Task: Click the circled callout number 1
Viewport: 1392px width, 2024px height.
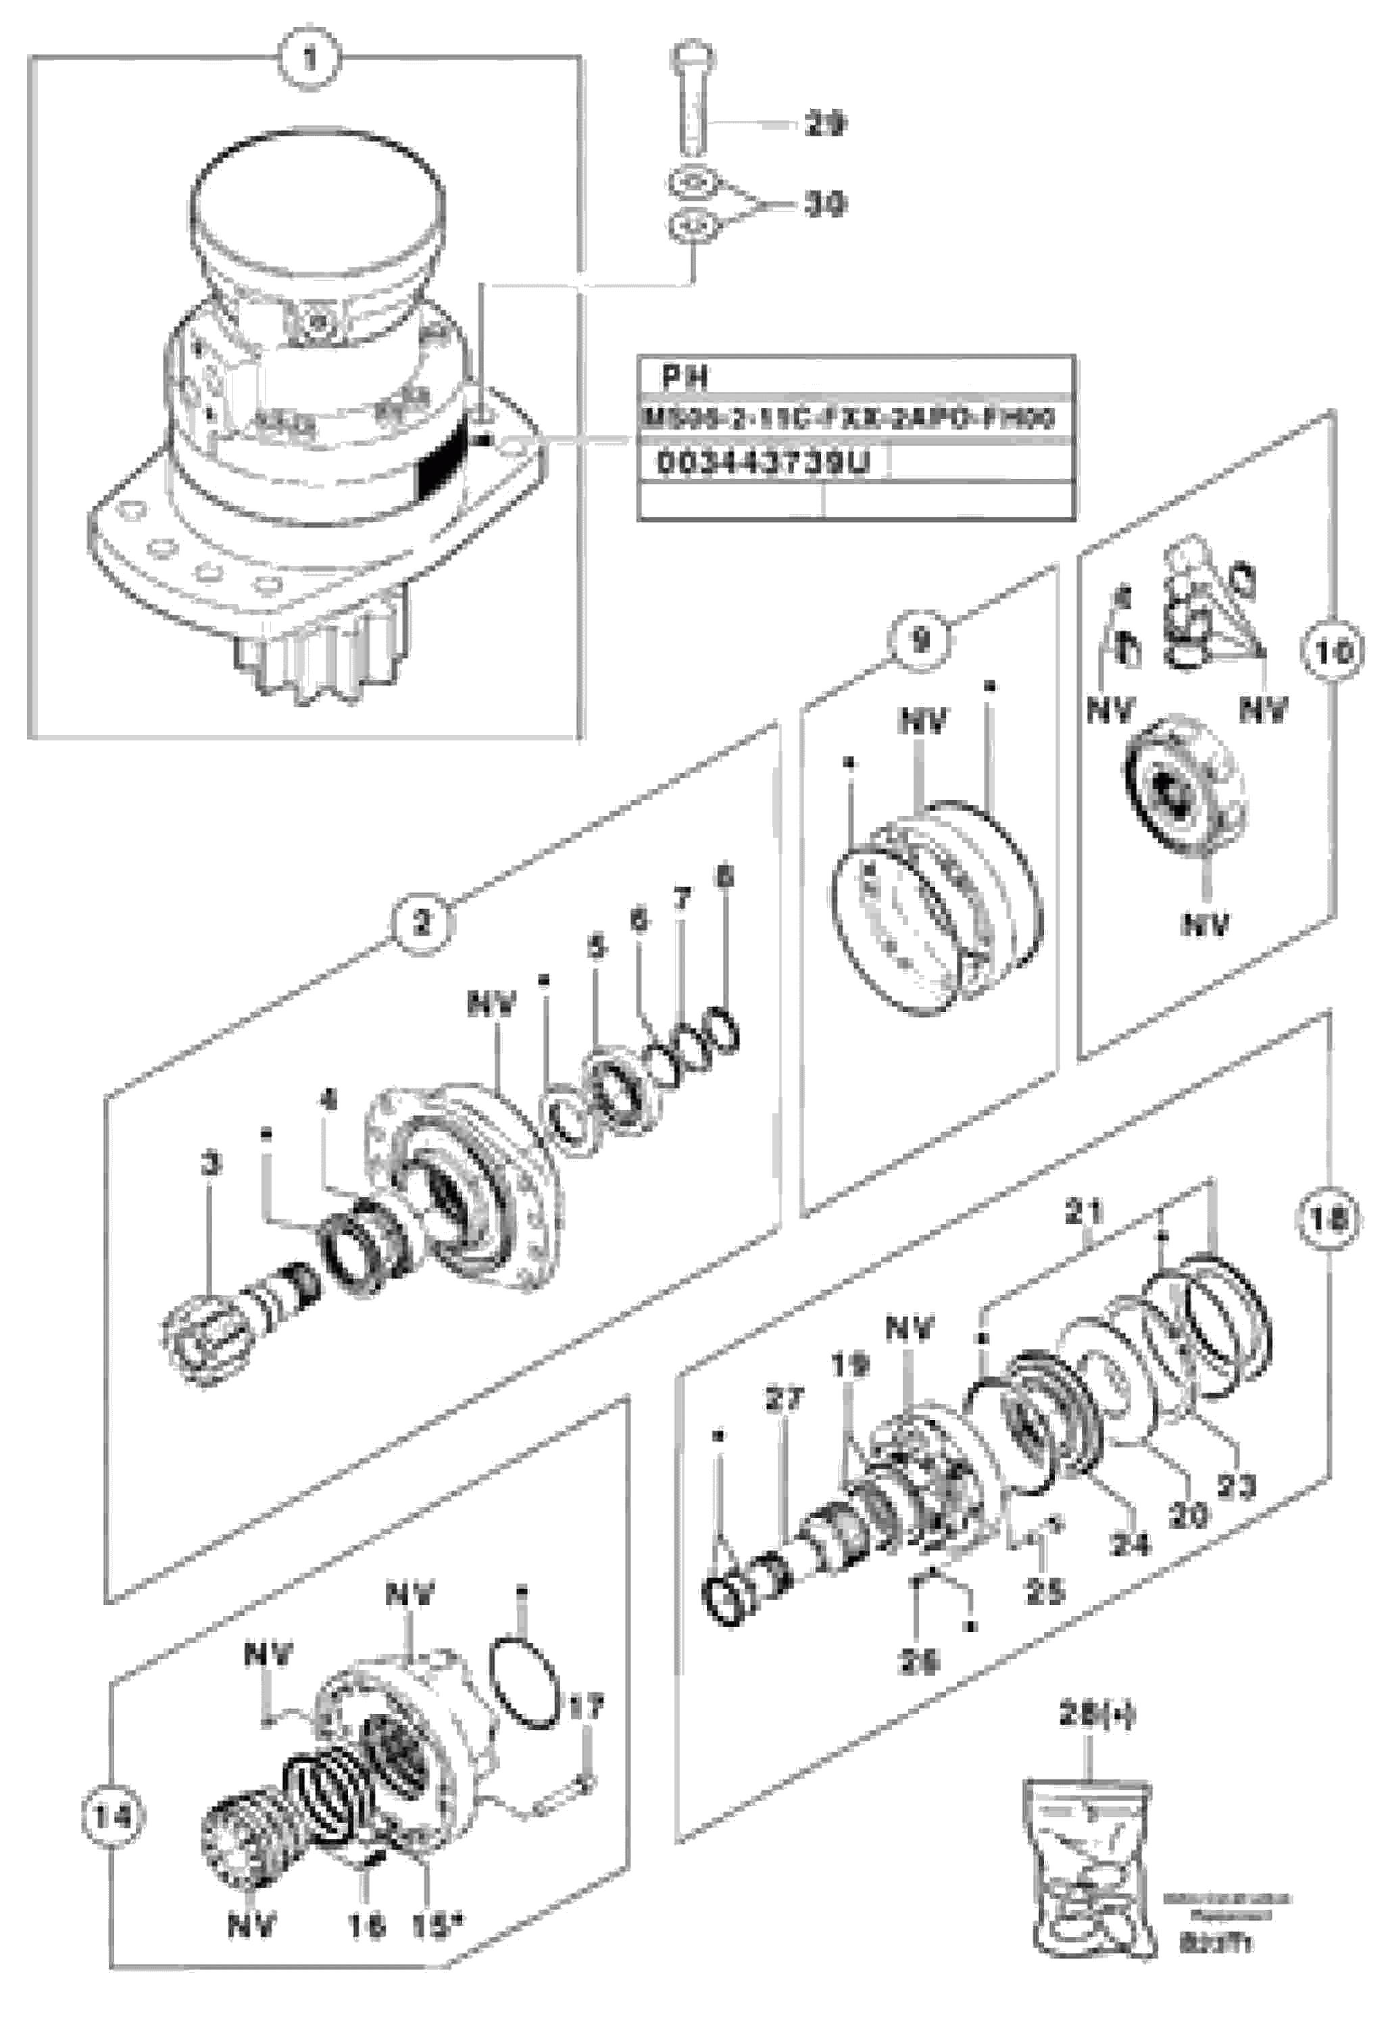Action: coord(309,60)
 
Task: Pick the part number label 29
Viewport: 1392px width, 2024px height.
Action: coord(824,125)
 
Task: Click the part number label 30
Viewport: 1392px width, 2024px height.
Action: coord(824,205)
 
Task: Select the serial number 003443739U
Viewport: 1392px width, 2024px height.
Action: coord(763,463)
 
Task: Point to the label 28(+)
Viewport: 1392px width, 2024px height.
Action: coord(1097,1715)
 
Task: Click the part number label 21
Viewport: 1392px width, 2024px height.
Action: coord(1083,1211)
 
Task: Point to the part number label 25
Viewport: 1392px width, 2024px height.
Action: coord(1044,1590)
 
